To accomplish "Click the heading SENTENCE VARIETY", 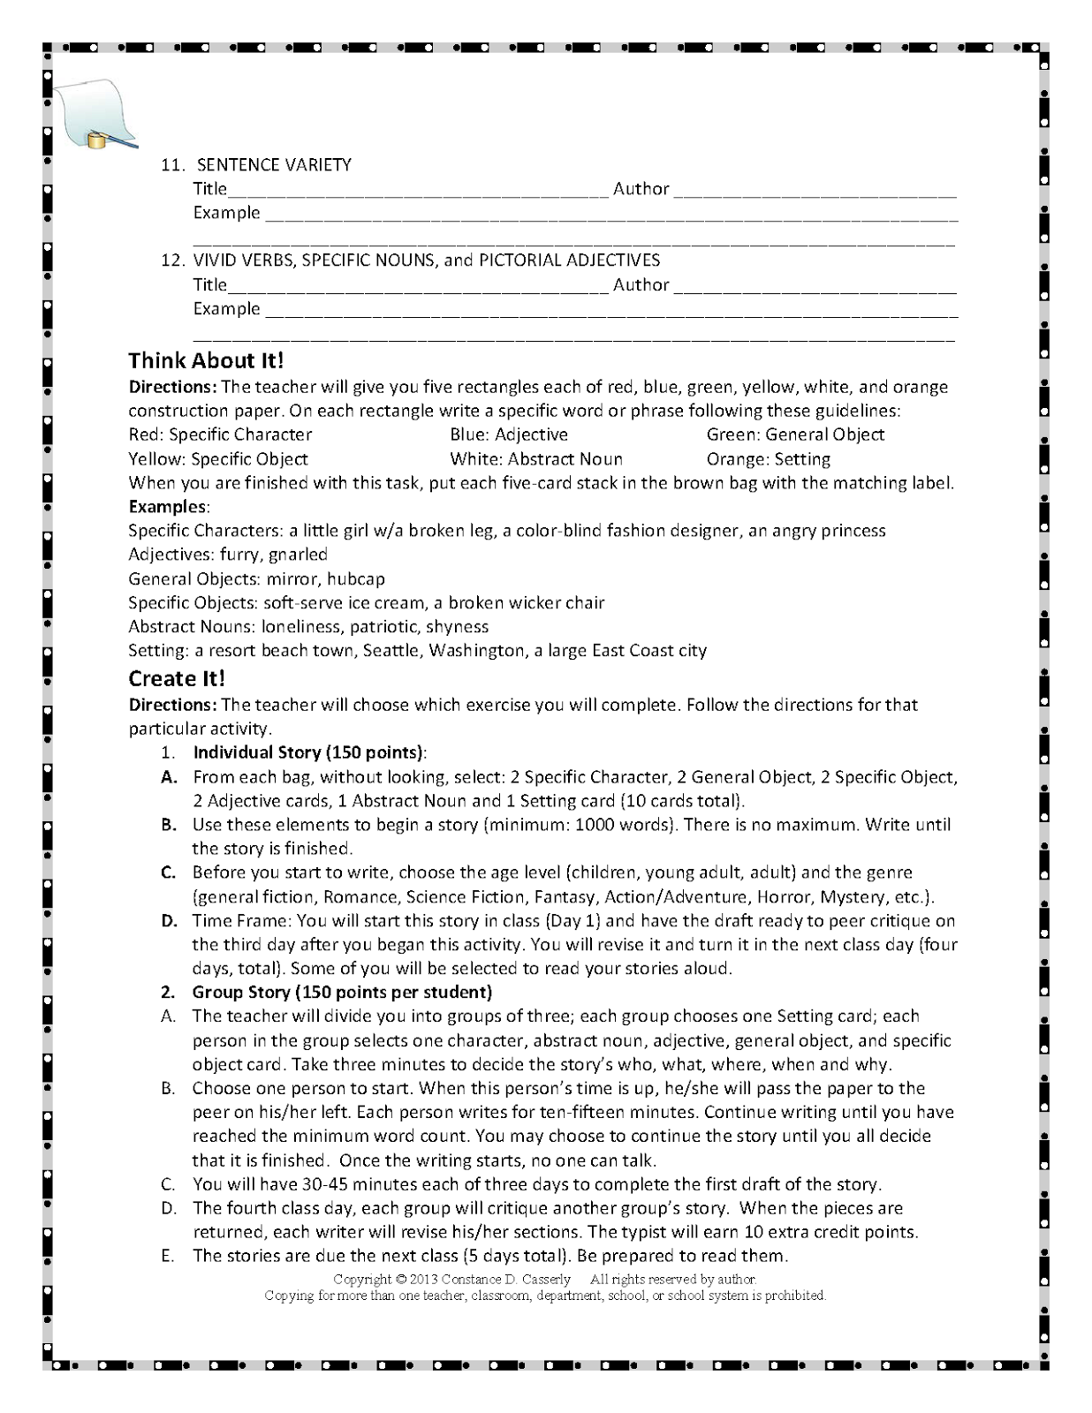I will (x=274, y=164).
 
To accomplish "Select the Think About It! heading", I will (x=206, y=360).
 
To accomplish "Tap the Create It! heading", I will (x=177, y=678).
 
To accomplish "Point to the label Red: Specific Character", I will (x=220, y=434).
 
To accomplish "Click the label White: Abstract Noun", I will (x=535, y=459).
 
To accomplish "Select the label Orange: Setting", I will (x=768, y=459).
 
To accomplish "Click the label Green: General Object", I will (x=794, y=434).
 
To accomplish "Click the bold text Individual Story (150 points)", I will (x=308, y=752).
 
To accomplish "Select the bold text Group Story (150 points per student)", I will (x=342, y=992).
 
